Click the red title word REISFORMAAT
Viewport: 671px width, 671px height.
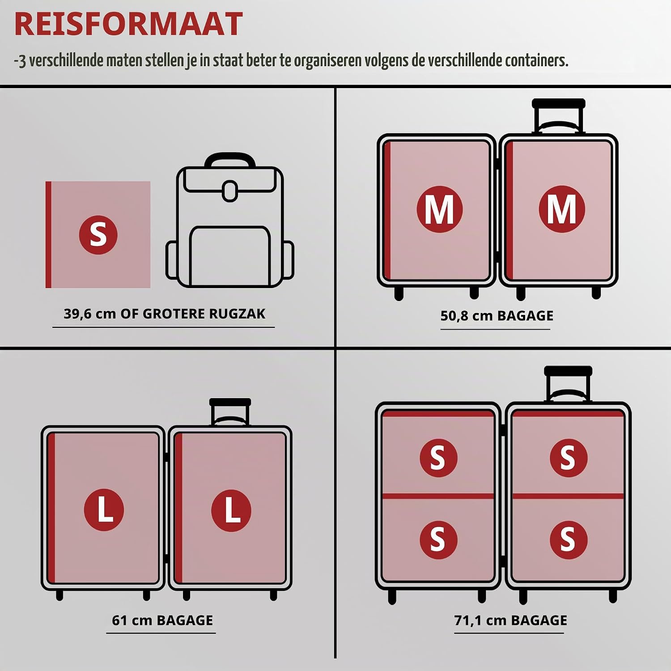[x=128, y=24]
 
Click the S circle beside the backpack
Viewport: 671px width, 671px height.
[x=98, y=235]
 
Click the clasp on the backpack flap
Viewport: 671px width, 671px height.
[x=230, y=191]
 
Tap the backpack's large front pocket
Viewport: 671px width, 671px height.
[x=230, y=256]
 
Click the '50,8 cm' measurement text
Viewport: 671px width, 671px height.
[x=467, y=316]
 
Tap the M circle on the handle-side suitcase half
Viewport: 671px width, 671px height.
[x=562, y=209]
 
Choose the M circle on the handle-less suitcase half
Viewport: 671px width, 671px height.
[x=439, y=209]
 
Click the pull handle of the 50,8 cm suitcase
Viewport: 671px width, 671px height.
[x=559, y=116]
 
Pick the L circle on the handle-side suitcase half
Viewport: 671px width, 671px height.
[x=231, y=510]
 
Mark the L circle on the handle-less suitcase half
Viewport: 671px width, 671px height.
[x=104, y=510]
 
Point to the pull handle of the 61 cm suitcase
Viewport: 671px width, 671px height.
[x=230, y=412]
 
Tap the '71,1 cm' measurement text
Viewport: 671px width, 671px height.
[x=480, y=620]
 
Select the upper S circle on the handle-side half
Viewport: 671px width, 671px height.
[x=569, y=458]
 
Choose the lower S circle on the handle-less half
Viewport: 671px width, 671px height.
[x=438, y=539]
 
